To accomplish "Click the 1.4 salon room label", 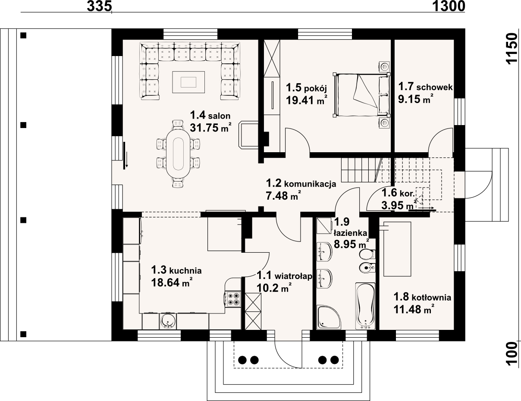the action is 210,115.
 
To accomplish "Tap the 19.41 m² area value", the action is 307,100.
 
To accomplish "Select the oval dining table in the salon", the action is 178,154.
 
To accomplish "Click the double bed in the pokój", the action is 361,95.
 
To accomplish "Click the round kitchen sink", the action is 168,321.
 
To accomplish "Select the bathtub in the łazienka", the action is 365,306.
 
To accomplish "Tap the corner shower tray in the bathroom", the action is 329,317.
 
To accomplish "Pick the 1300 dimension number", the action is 449,6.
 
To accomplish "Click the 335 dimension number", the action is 99,6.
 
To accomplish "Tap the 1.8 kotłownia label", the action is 422,297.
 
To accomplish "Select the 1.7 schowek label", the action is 425,87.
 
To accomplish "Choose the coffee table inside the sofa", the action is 188,82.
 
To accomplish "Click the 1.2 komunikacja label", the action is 301,183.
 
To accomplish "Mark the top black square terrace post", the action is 23,35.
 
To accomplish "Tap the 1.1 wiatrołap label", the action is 284,276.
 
